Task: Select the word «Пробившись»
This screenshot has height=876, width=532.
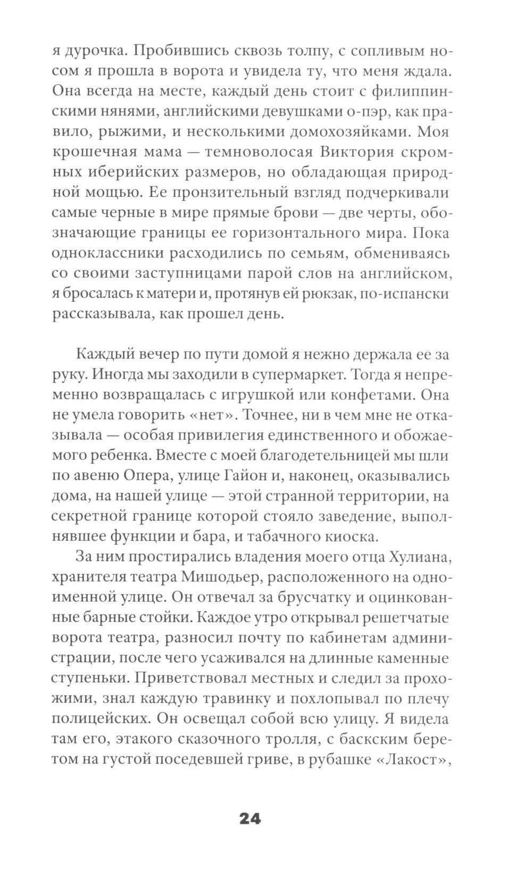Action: click(x=181, y=52)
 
